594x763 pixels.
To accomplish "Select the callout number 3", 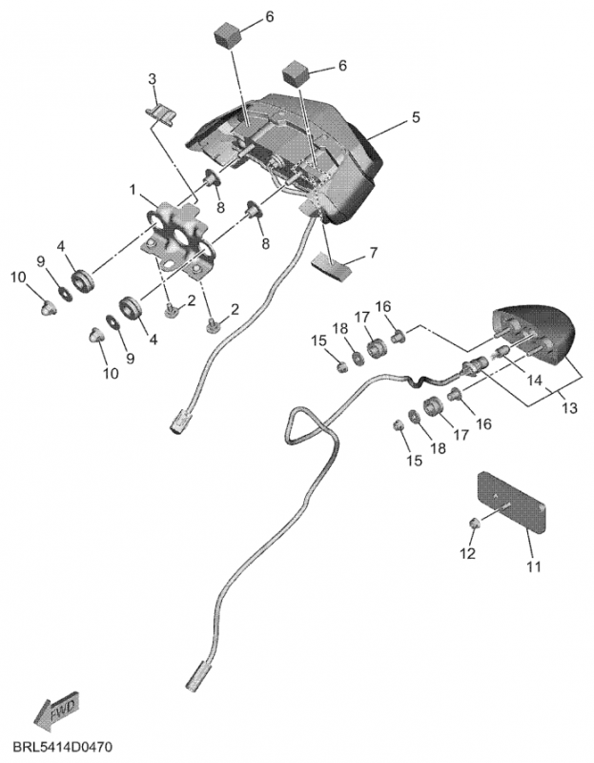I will click(x=152, y=77).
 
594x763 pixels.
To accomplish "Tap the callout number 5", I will click(x=416, y=117).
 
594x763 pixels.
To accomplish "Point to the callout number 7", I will click(x=374, y=253).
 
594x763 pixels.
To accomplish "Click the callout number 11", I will click(x=533, y=566).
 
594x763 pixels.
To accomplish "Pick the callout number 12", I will click(x=468, y=553).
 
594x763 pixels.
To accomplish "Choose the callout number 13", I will click(x=569, y=407).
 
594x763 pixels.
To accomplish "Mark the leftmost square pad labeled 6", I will click(x=229, y=35).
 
